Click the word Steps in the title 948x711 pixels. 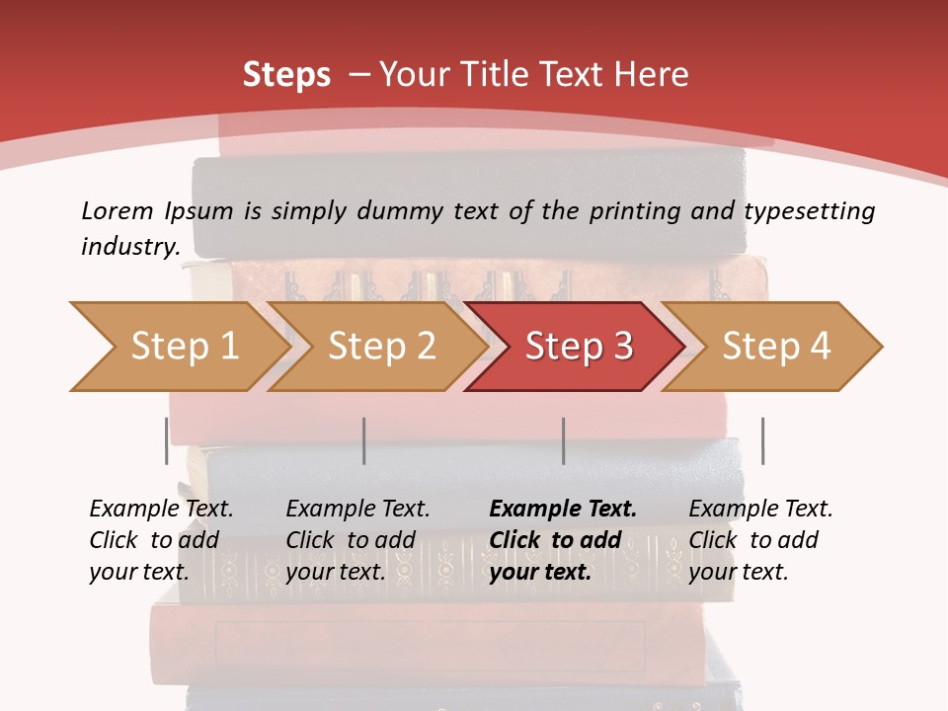point(286,75)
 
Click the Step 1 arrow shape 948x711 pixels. point(178,346)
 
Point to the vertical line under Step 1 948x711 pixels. point(167,440)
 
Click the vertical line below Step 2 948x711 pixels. point(364,440)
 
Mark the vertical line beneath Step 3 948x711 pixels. point(563,440)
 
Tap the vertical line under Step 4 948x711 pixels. point(762,440)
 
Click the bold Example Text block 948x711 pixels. point(562,540)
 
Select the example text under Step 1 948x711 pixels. point(161,540)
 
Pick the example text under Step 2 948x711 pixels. point(357,540)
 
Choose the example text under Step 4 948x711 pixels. point(760,540)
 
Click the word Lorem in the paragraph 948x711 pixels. point(118,211)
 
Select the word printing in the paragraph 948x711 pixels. point(634,211)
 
